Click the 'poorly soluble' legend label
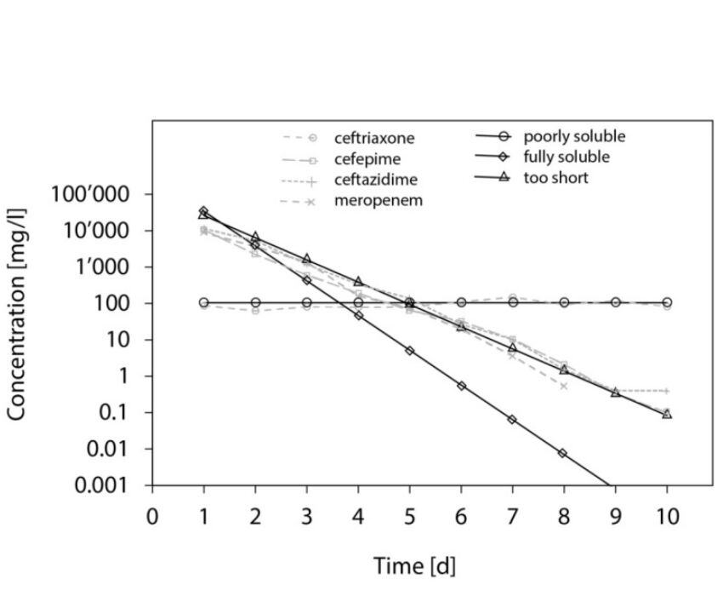click(574, 136)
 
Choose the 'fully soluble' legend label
click(566, 157)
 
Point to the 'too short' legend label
click(555, 178)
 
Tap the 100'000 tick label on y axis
click(89, 195)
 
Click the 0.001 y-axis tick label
click(101, 485)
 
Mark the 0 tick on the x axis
click(152, 518)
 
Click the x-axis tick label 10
click(667, 518)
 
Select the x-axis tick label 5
click(409, 518)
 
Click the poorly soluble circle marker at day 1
click(204, 302)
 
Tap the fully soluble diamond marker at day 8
click(563, 453)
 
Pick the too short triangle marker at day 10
click(667, 414)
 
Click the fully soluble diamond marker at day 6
click(461, 386)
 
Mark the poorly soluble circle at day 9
click(615, 302)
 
